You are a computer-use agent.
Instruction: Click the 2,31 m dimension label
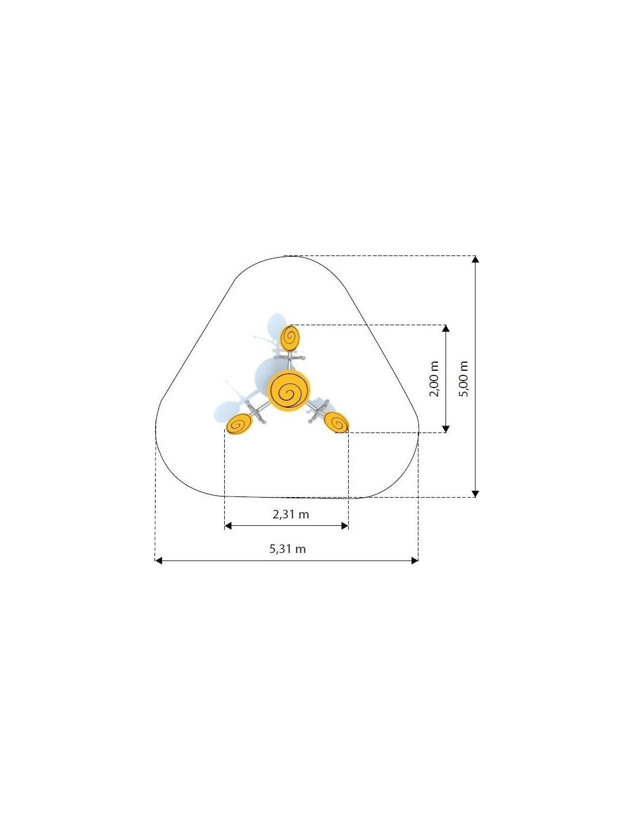click(x=290, y=514)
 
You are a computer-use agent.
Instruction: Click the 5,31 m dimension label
click(x=288, y=548)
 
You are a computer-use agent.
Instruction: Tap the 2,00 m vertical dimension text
click(x=434, y=378)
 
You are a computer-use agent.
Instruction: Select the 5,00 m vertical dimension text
click(x=463, y=378)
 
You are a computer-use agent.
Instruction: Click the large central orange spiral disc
click(x=289, y=390)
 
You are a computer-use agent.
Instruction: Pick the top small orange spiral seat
click(x=290, y=338)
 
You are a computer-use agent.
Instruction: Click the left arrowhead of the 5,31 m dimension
click(x=158, y=561)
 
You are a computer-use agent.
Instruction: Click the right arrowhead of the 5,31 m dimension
click(x=414, y=561)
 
